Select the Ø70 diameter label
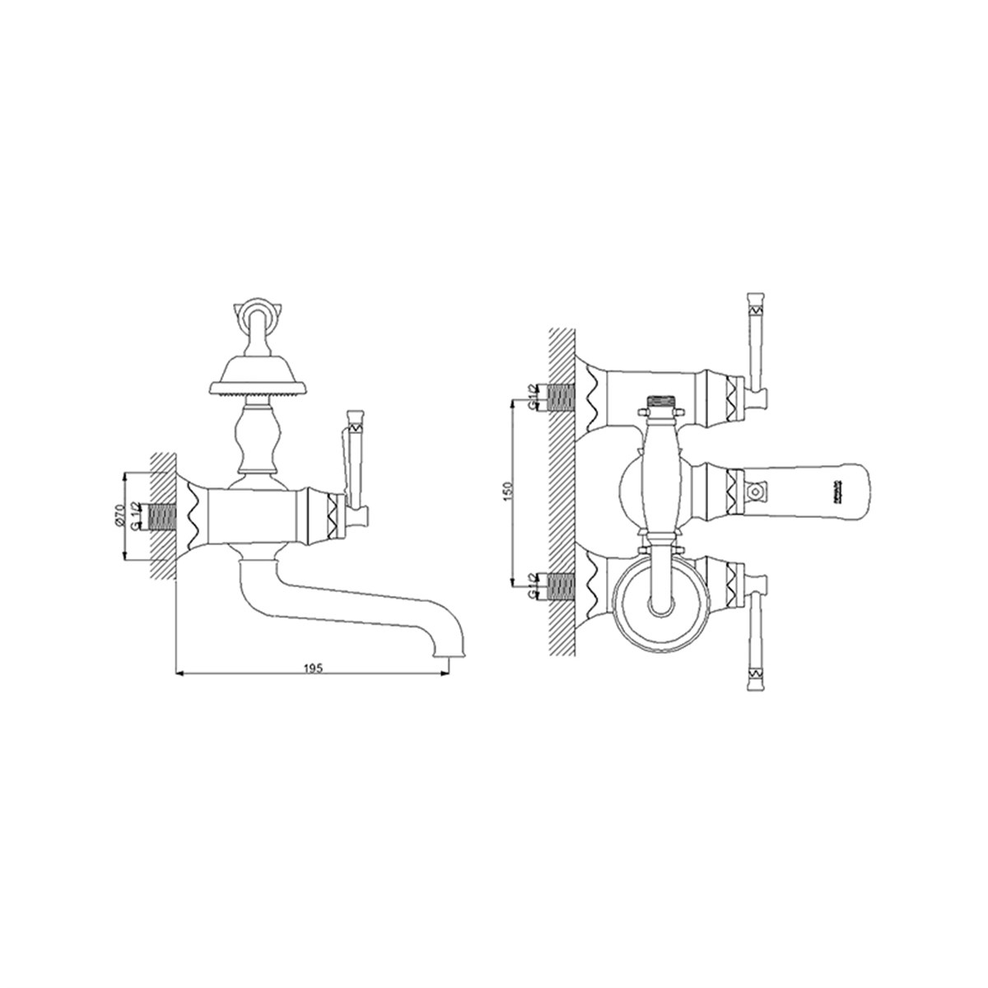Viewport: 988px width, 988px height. [119, 516]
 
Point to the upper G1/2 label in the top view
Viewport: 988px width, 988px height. [533, 398]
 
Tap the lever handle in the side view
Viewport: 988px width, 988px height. [354, 461]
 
